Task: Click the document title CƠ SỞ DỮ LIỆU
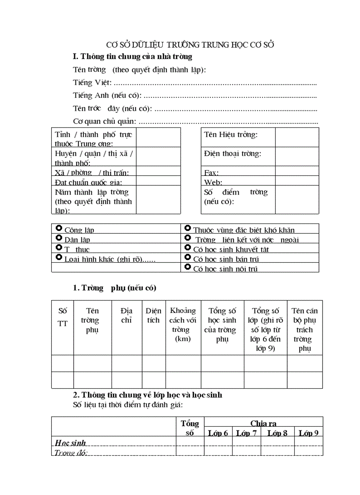click(191, 45)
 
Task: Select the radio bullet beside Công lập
click(59, 228)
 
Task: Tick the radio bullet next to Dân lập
click(59, 238)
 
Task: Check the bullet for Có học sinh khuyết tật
click(187, 248)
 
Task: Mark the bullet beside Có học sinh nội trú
click(187, 267)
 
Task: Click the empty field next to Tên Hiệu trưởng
click(296, 137)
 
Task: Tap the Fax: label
click(211, 173)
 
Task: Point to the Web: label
click(213, 182)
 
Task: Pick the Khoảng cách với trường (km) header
click(183, 324)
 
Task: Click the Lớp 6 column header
click(218, 433)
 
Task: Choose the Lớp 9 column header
click(308, 433)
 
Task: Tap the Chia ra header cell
click(263, 423)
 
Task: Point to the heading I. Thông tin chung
click(132, 56)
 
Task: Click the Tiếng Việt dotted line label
click(92, 82)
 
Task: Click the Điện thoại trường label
click(232, 154)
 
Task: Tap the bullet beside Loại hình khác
click(59, 257)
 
